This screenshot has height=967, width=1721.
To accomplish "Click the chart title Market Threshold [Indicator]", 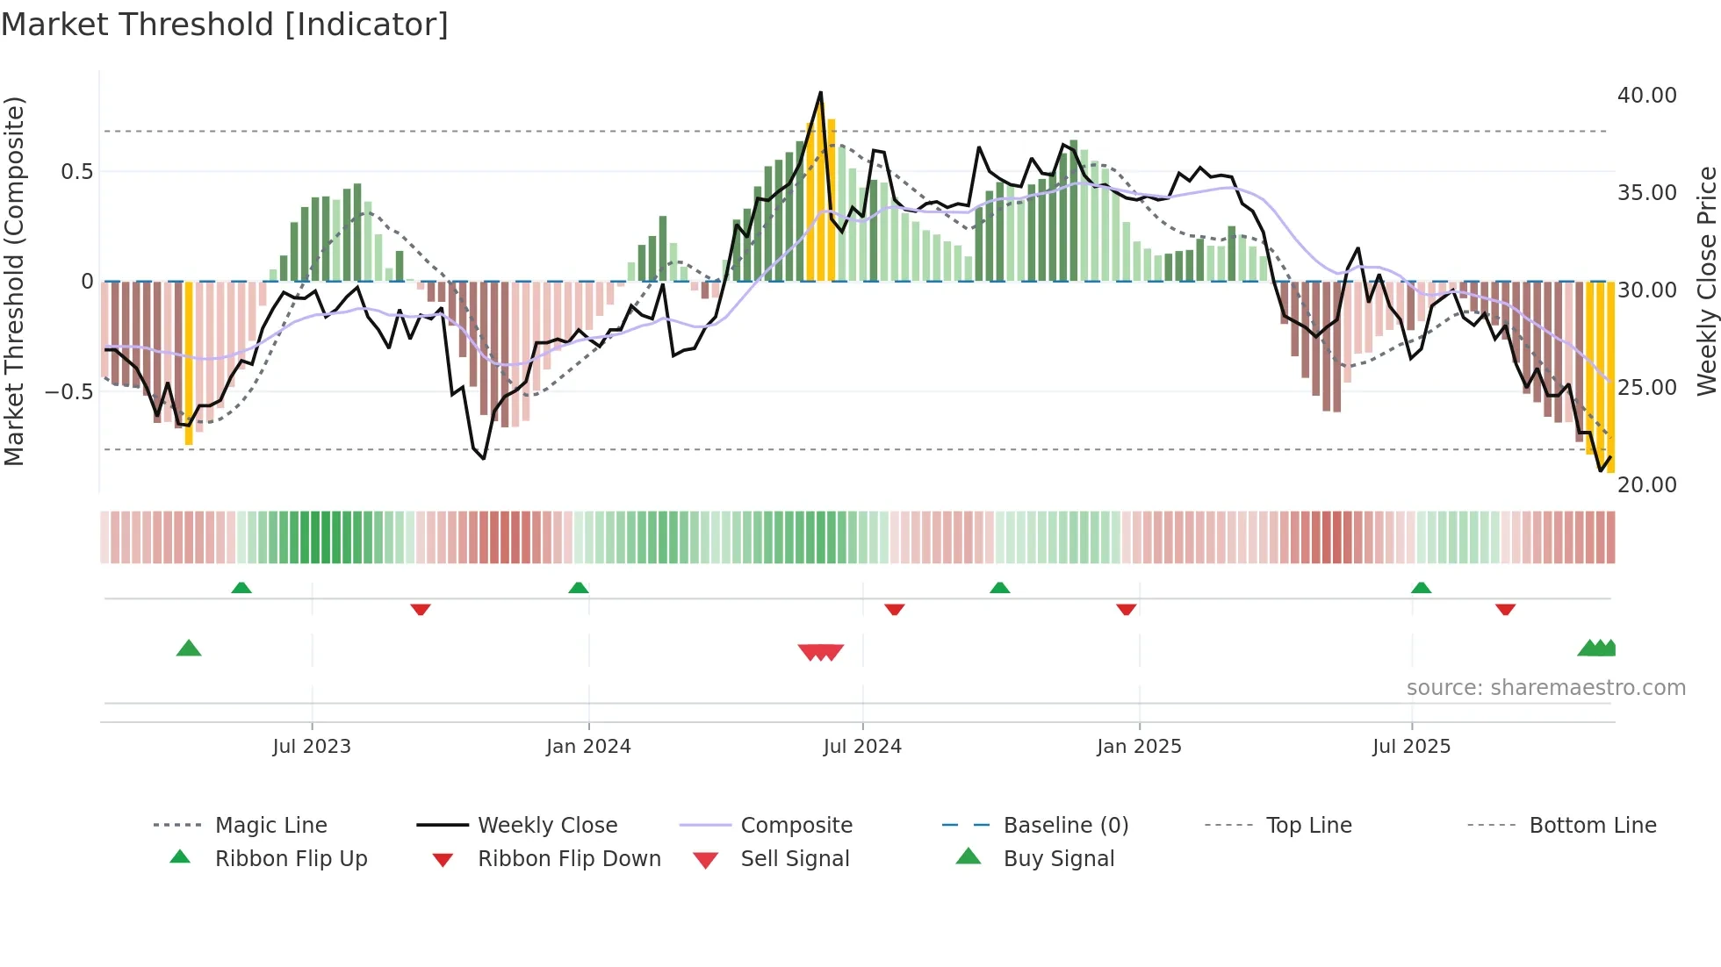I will (225, 25).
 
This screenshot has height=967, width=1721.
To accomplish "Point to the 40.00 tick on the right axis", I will (1646, 95).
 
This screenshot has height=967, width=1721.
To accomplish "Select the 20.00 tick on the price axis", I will (1646, 484).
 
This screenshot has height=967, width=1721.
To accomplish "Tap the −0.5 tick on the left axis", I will (68, 391).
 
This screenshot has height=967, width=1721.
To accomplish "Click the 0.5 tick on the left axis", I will (76, 171).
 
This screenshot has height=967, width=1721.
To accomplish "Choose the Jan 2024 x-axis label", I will (588, 746).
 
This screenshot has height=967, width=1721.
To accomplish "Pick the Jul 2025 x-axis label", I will (1411, 746).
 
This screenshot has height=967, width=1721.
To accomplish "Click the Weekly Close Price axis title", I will (1706, 281).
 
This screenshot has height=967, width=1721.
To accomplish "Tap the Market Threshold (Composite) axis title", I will (14, 281).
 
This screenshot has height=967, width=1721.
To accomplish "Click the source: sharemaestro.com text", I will (1545, 687).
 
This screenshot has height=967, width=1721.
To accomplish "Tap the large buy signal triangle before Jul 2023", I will (189, 648).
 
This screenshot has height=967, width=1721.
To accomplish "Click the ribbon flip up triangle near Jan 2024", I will (578, 588).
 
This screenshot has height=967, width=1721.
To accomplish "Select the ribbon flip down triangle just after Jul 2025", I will (1505, 609).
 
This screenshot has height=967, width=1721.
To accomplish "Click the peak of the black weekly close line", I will (821, 92).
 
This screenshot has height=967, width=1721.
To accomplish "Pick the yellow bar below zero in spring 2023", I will (189, 364).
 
